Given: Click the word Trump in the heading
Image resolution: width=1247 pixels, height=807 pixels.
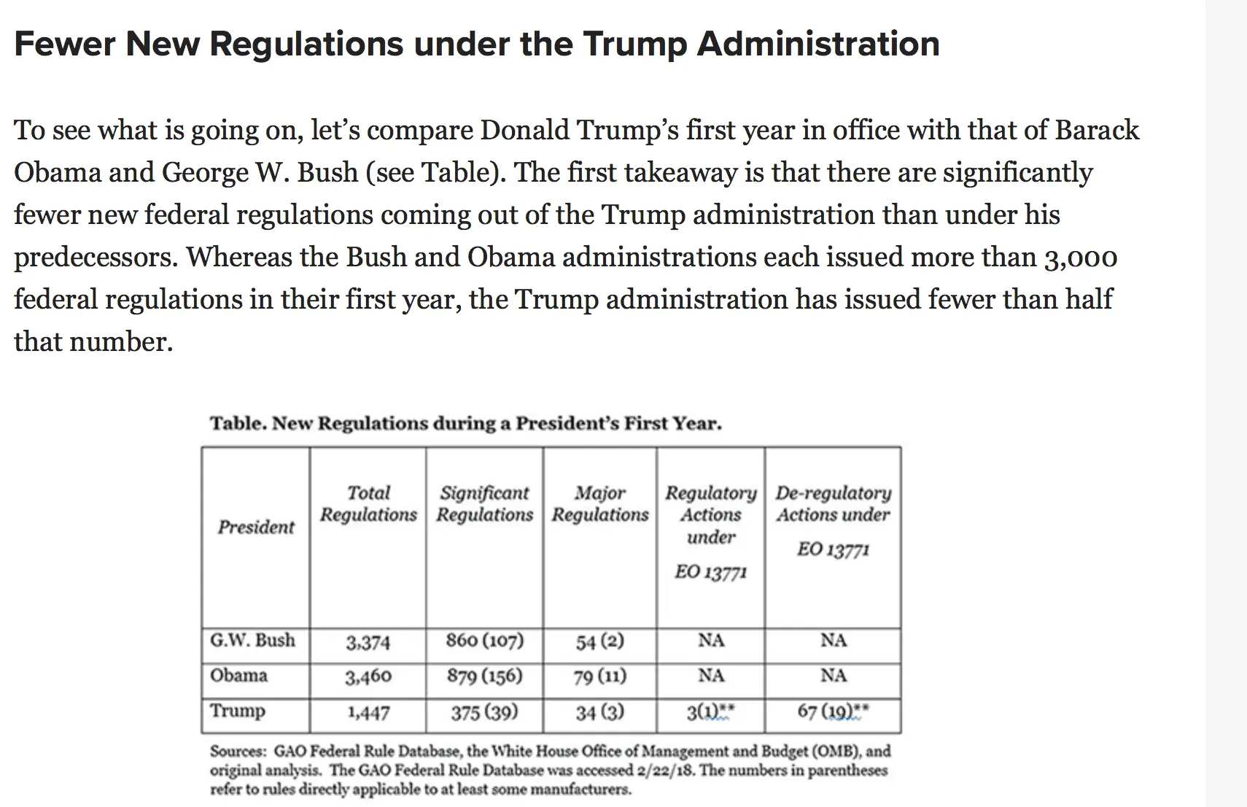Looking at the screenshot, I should coord(634,44).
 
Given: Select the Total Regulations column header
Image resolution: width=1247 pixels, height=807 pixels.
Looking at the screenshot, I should coord(368,503).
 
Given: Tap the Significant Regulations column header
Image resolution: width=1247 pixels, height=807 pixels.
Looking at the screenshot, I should coord(484,503).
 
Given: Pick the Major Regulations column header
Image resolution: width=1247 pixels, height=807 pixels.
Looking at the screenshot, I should coord(599,503).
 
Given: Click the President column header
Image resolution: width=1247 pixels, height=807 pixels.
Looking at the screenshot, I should coord(256,527).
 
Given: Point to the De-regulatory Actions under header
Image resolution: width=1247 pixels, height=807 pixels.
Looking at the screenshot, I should coord(833,503).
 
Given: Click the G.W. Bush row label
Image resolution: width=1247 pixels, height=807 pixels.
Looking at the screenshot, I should coord(252,641).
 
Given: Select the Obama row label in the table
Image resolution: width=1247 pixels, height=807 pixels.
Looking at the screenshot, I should coord(238,676).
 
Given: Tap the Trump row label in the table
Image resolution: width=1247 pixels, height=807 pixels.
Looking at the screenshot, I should coord(237,711).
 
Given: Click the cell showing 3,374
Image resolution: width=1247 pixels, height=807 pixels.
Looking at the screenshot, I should coord(368,643).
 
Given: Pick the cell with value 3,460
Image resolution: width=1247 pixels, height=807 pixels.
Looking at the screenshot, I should coord(368,677).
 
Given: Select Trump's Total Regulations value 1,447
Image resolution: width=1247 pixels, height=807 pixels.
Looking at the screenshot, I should coord(368,713).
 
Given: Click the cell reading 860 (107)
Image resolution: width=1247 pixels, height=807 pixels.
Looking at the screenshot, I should coord(484,641).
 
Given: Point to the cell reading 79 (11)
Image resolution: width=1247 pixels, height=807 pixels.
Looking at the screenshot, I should coord(599,677).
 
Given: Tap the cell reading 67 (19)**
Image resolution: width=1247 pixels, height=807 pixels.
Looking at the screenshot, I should coord(833,711).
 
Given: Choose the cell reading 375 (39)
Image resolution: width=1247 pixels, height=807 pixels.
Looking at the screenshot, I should coord(484,712).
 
